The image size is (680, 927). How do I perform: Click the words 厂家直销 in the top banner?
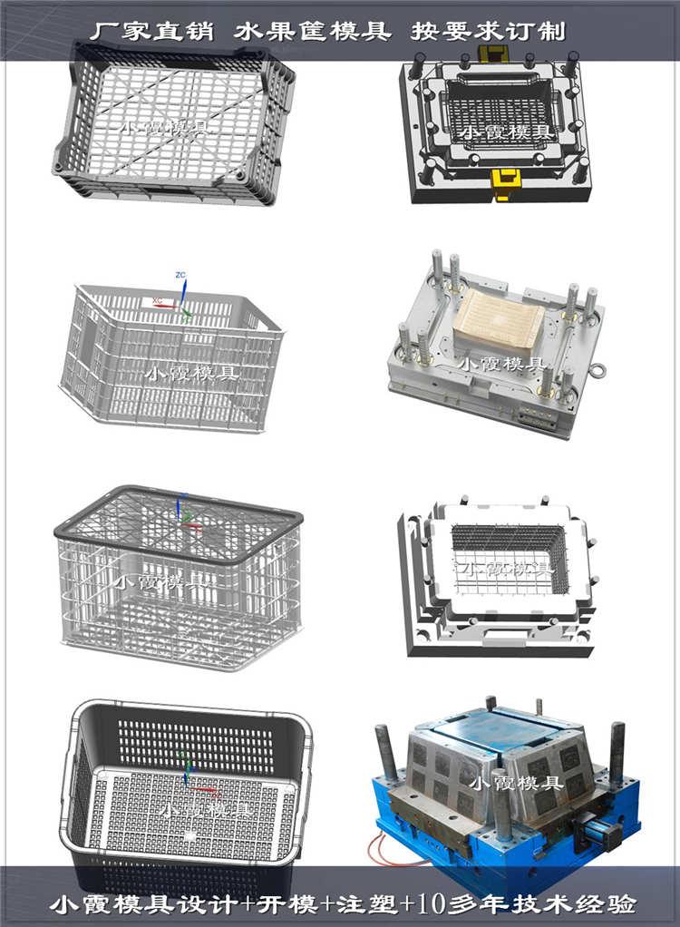(x=151, y=31)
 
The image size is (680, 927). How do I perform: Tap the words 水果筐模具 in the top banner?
(x=312, y=31)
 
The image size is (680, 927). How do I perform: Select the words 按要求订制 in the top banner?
(x=488, y=31)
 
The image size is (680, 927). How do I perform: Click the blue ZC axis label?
(x=180, y=274)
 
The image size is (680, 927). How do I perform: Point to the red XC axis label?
(x=157, y=298)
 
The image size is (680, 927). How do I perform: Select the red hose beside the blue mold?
(x=381, y=848)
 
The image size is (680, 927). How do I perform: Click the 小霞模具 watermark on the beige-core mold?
(x=502, y=365)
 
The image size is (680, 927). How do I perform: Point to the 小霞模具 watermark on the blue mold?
(x=515, y=781)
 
